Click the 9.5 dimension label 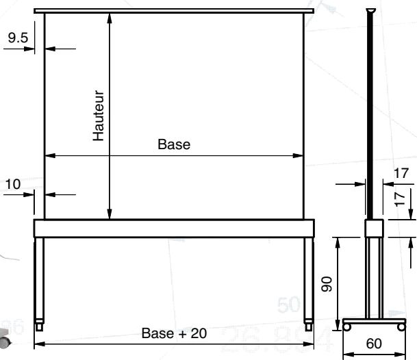(x=18, y=38)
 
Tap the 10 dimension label (x=12, y=184)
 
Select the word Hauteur (x=99, y=116)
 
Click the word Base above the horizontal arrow (x=174, y=144)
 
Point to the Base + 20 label (x=174, y=333)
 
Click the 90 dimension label (x=327, y=284)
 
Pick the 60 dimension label (x=374, y=344)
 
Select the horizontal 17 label (x=401, y=173)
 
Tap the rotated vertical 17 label (x=400, y=199)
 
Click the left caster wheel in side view (x=346, y=326)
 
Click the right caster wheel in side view (x=401, y=326)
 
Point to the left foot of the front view (x=39, y=325)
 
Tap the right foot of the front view (x=309, y=325)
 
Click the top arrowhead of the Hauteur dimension (x=110, y=18)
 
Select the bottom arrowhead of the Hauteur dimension (x=110, y=214)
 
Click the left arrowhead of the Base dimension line (x=50, y=155)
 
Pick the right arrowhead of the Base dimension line (x=298, y=155)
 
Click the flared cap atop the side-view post (x=370, y=11)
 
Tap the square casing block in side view (x=374, y=228)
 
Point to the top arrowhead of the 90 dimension (x=338, y=243)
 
